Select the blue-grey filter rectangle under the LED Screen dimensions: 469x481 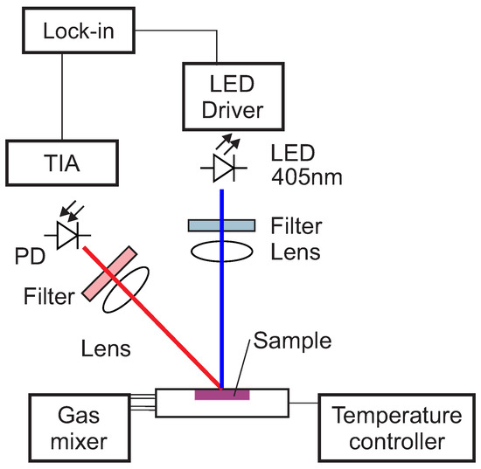(221, 225)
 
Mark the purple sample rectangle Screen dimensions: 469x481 (222, 395)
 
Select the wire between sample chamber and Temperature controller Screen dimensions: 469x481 (304, 403)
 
